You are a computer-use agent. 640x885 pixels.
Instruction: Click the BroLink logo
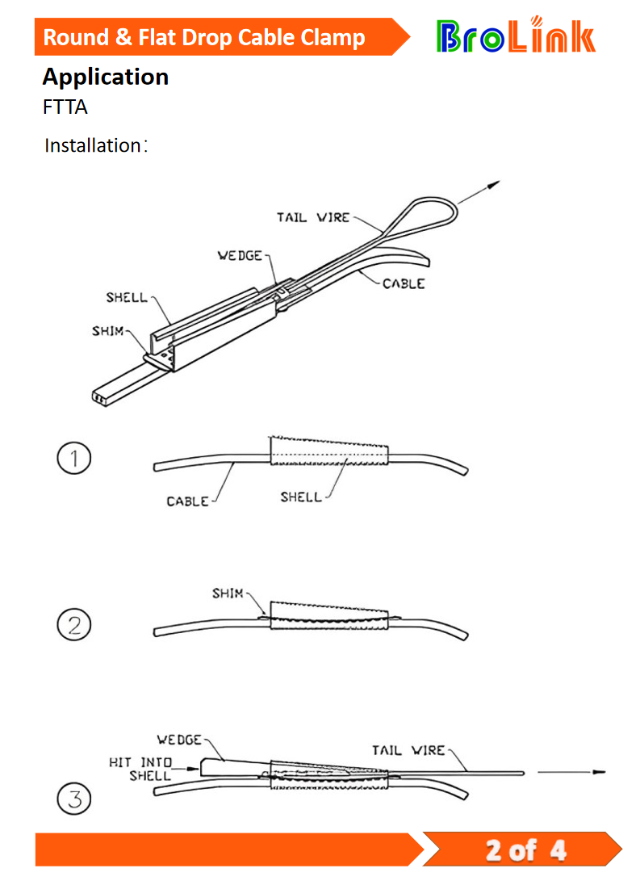pyautogui.click(x=516, y=36)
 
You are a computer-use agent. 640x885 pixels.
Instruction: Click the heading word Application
pyautogui.click(x=105, y=77)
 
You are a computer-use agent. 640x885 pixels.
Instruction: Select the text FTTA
pyautogui.click(x=65, y=107)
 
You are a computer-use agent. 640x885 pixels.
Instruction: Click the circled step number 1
pyautogui.click(x=74, y=459)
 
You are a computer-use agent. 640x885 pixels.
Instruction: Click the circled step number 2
pyautogui.click(x=74, y=626)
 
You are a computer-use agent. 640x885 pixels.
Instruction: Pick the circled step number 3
pyautogui.click(x=74, y=800)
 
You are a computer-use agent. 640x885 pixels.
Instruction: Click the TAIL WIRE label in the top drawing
pyautogui.click(x=313, y=217)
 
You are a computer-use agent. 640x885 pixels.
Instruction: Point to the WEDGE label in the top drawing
pyautogui.click(x=241, y=255)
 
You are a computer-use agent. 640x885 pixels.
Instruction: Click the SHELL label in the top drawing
pyautogui.click(x=127, y=297)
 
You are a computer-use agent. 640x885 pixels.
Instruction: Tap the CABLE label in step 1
pyautogui.click(x=187, y=501)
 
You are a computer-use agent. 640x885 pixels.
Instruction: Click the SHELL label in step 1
pyautogui.click(x=301, y=497)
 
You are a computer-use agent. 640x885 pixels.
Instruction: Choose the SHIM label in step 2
pyautogui.click(x=228, y=593)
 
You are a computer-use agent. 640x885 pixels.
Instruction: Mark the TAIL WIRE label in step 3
pyautogui.click(x=408, y=750)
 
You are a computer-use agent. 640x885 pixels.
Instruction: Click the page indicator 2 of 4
pyautogui.click(x=525, y=849)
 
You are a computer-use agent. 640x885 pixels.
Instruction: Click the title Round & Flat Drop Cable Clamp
pyautogui.click(x=203, y=37)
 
